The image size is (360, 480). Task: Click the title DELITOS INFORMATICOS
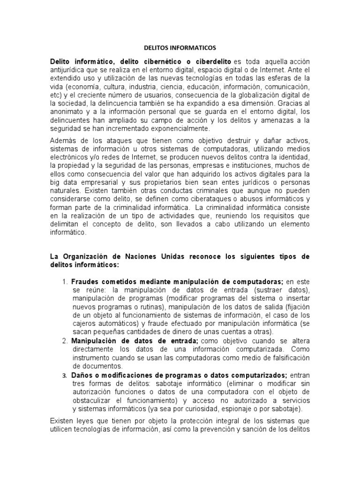(x=180, y=47)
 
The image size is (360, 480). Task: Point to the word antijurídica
(x=70, y=70)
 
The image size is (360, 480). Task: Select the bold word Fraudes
(x=86, y=281)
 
